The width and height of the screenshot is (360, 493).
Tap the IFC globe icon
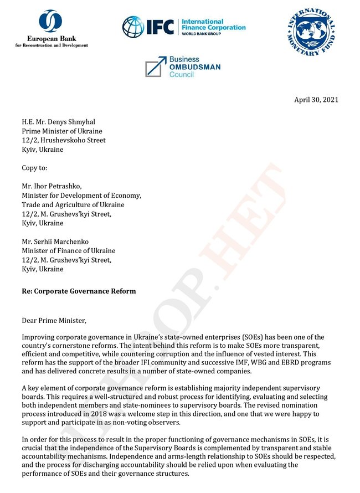point(133,27)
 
